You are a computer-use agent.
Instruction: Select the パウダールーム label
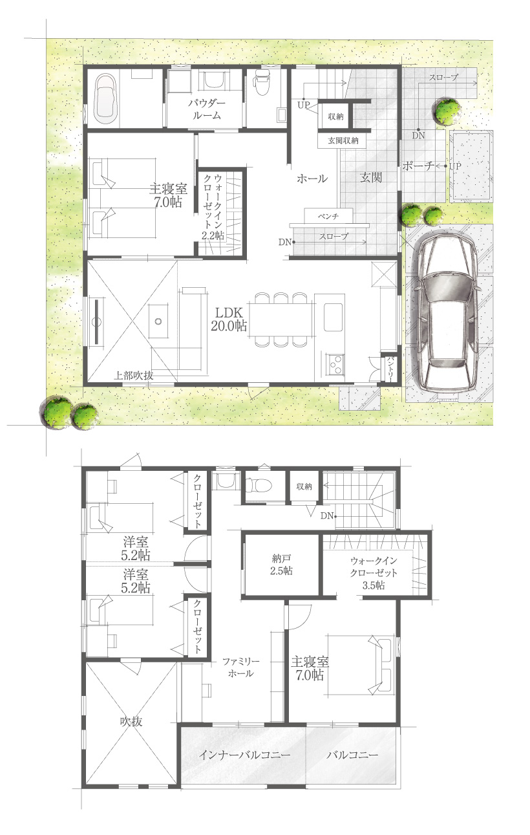(x=206, y=109)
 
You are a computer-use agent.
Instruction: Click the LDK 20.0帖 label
(x=229, y=320)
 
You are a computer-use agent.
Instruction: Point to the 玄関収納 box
(x=343, y=140)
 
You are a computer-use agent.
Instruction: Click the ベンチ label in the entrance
(x=328, y=216)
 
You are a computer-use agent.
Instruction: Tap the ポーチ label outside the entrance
(x=419, y=166)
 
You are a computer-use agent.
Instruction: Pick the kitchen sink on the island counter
(x=334, y=317)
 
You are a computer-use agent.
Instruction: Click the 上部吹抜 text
(x=133, y=375)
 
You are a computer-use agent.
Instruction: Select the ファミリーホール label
(x=240, y=667)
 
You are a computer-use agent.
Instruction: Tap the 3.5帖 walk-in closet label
(x=374, y=572)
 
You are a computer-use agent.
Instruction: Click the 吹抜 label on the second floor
(x=131, y=721)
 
